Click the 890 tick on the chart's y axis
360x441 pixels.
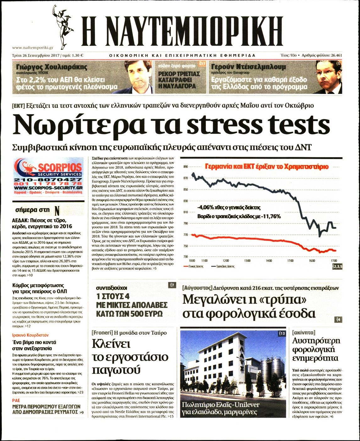[x=185, y=167]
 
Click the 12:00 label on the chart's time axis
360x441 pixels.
[x=226, y=261]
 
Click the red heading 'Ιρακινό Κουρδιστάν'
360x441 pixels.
[x=30, y=335]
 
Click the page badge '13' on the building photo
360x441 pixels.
[x=282, y=333]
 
